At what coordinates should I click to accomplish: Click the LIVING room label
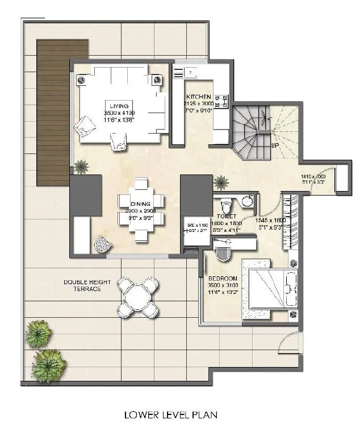click(120, 106)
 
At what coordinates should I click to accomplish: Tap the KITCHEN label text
click(198, 97)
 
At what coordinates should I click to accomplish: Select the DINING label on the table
click(140, 204)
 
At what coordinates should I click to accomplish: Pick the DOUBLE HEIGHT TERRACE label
click(82, 285)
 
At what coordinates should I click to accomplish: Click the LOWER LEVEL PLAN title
click(170, 415)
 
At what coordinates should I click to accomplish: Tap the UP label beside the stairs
click(275, 146)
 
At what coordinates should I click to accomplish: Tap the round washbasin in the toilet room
click(247, 201)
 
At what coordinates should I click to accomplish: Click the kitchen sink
click(189, 72)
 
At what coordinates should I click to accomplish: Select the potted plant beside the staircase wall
click(221, 182)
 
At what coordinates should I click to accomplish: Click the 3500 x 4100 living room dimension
click(120, 114)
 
